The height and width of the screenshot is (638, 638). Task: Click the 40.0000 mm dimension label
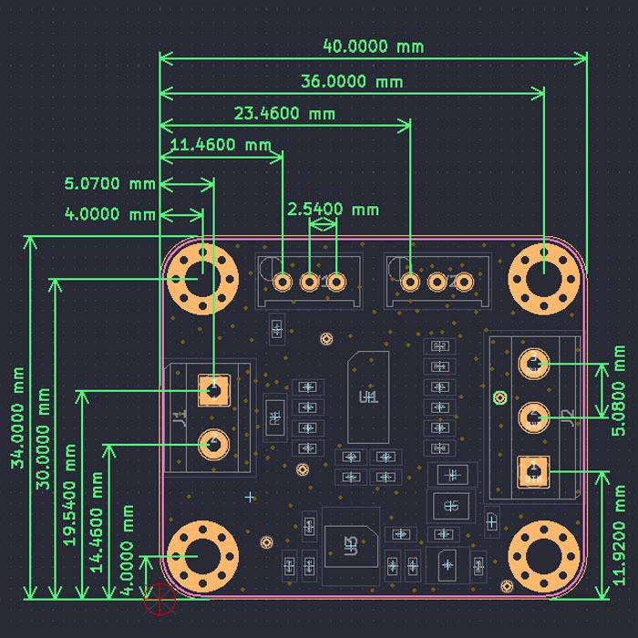click(x=373, y=46)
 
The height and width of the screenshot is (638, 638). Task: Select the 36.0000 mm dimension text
click(x=352, y=81)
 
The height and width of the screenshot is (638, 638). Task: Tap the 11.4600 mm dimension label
click(x=221, y=144)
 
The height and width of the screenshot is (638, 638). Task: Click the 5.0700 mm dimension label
click(x=110, y=183)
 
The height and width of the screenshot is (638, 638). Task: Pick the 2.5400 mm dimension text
click(x=333, y=209)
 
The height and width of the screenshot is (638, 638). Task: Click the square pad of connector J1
click(x=213, y=391)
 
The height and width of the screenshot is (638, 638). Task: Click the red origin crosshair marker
click(x=159, y=598)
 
